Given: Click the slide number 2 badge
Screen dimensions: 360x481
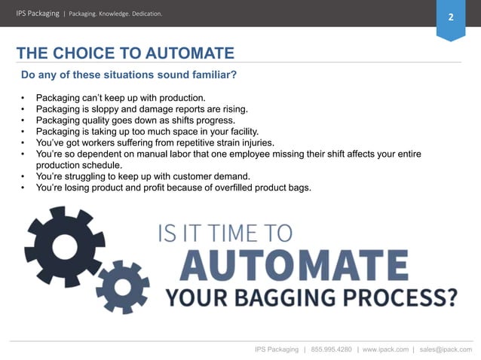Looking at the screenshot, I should pos(451,17).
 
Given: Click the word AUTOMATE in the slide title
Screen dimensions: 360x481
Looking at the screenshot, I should pos(179,53).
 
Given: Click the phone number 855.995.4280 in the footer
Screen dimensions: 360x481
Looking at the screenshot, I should pos(332,349).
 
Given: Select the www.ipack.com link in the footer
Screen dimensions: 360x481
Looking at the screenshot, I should pos(385,349).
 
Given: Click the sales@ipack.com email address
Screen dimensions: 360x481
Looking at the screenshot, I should pos(446,349).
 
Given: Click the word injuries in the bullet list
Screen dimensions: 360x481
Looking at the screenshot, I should pos(255,142).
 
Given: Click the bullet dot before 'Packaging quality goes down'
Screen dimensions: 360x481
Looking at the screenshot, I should pos(24,120).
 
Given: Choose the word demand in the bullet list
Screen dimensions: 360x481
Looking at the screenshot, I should pos(224,176).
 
